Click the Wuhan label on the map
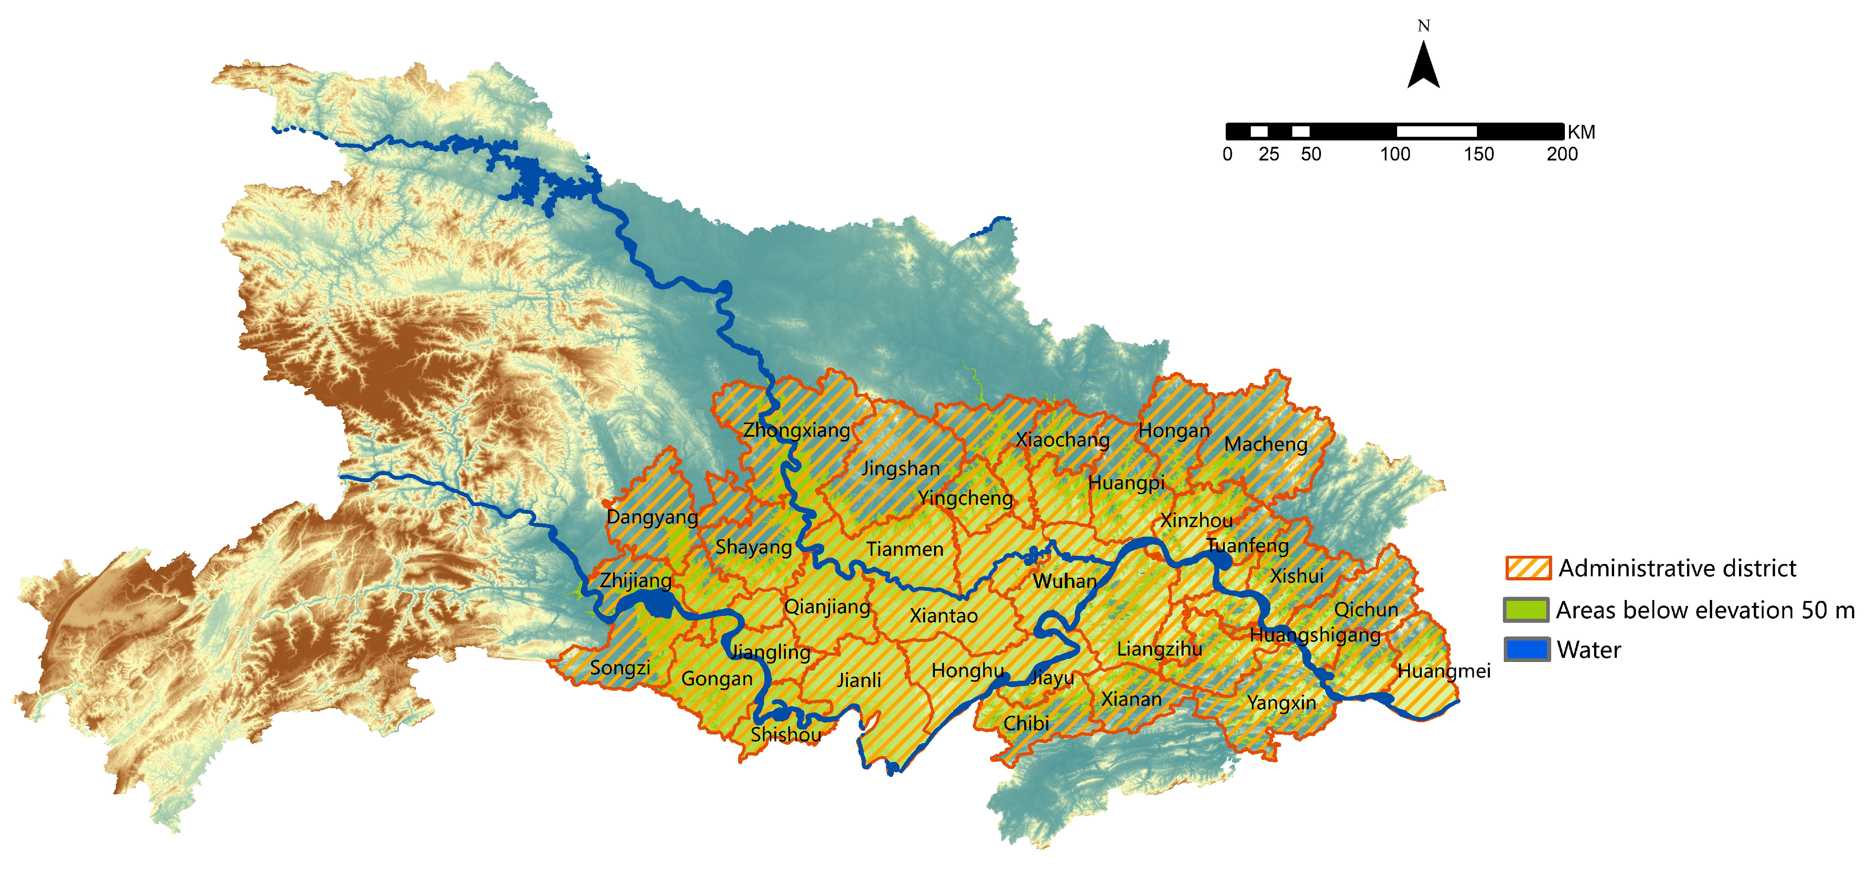1064,581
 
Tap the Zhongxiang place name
796,430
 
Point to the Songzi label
619,667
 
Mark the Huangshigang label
1315,635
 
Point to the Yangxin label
1281,703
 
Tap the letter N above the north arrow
1424,26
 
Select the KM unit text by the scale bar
1581,132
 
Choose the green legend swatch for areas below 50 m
1526,610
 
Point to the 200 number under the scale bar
1562,154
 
